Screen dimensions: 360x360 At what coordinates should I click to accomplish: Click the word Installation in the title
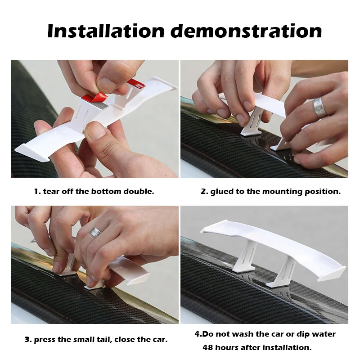[105, 31]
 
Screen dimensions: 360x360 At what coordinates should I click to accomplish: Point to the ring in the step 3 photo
[95, 232]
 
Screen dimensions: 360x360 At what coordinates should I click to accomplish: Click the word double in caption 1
[139, 191]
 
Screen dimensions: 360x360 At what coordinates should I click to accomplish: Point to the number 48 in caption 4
[208, 347]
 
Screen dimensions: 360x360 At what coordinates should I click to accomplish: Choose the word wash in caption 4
[245, 334]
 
